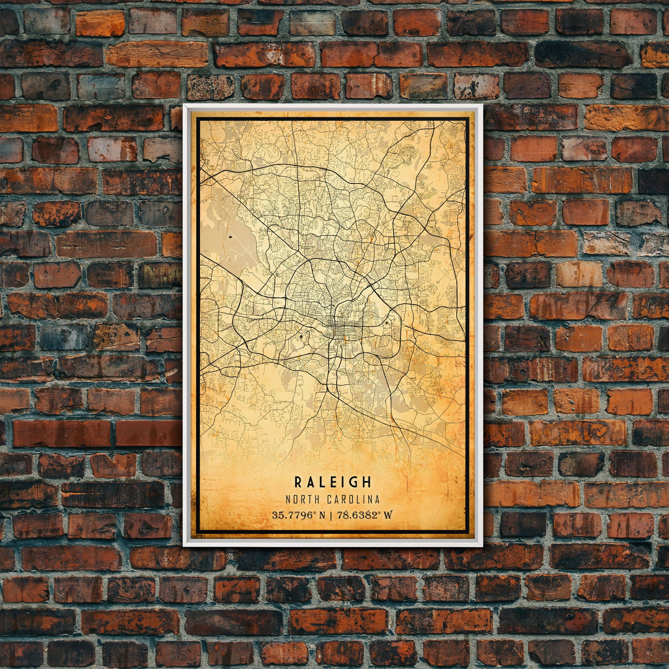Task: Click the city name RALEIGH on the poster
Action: (x=333, y=482)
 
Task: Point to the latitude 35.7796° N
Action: (x=298, y=515)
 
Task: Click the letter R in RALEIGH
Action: (x=298, y=482)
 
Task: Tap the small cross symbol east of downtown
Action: (x=387, y=322)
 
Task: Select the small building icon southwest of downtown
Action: (x=301, y=336)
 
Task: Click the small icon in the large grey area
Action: (x=229, y=238)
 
